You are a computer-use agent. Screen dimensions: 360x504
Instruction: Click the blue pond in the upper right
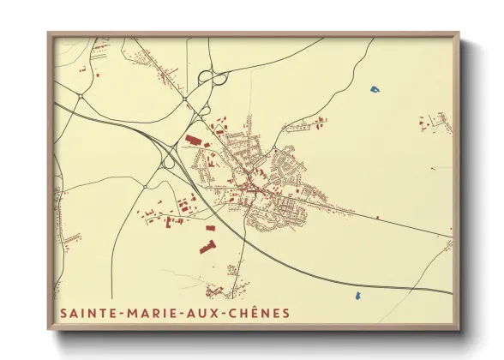[x=374, y=87]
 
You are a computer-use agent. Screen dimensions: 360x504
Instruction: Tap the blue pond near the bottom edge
[x=356, y=296]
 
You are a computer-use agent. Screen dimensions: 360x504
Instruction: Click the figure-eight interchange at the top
[x=211, y=78]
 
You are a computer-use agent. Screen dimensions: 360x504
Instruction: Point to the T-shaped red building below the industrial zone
[x=206, y=247]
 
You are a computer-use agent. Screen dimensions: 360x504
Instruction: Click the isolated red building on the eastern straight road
[x=376, y=218]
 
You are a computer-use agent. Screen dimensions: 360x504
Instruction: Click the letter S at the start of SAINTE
[x=63, y=314]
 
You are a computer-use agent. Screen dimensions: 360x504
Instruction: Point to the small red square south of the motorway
[x=210, y=228]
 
